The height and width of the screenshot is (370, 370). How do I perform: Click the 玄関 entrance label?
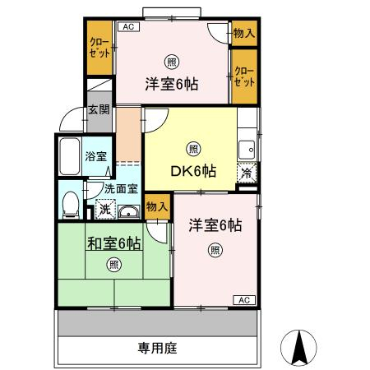(99, 109)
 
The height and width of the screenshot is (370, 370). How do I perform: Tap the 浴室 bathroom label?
(95, 156)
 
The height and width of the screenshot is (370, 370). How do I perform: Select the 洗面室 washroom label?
(121, 189)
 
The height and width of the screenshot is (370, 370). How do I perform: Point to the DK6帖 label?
(193, 171)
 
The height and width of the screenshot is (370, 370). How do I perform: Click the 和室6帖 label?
(114, 243)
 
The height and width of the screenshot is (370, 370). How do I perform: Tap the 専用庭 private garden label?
(158, 348)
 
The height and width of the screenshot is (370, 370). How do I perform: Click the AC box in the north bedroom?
(128, 27)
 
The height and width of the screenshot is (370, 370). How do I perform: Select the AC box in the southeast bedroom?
(244, 300)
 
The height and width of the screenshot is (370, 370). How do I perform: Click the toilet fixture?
(71, 205)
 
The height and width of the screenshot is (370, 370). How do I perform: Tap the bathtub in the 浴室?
(70, 156)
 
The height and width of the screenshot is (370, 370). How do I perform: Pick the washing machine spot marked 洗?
(105, 210)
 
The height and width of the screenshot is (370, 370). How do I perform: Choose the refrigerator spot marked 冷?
(247, 173)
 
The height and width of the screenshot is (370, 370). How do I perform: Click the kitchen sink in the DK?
(247, 150)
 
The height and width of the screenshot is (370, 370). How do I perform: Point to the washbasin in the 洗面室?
(129, 212)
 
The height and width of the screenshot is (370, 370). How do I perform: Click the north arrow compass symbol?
(298, 348)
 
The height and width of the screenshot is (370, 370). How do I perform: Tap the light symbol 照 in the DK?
(193, 149)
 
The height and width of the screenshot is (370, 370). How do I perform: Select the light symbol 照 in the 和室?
(113, 265)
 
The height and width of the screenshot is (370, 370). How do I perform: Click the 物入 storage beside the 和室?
(157, 207)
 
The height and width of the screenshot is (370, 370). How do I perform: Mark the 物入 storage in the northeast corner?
(244, 33)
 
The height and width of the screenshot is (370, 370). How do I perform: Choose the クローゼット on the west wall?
(99, 48)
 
